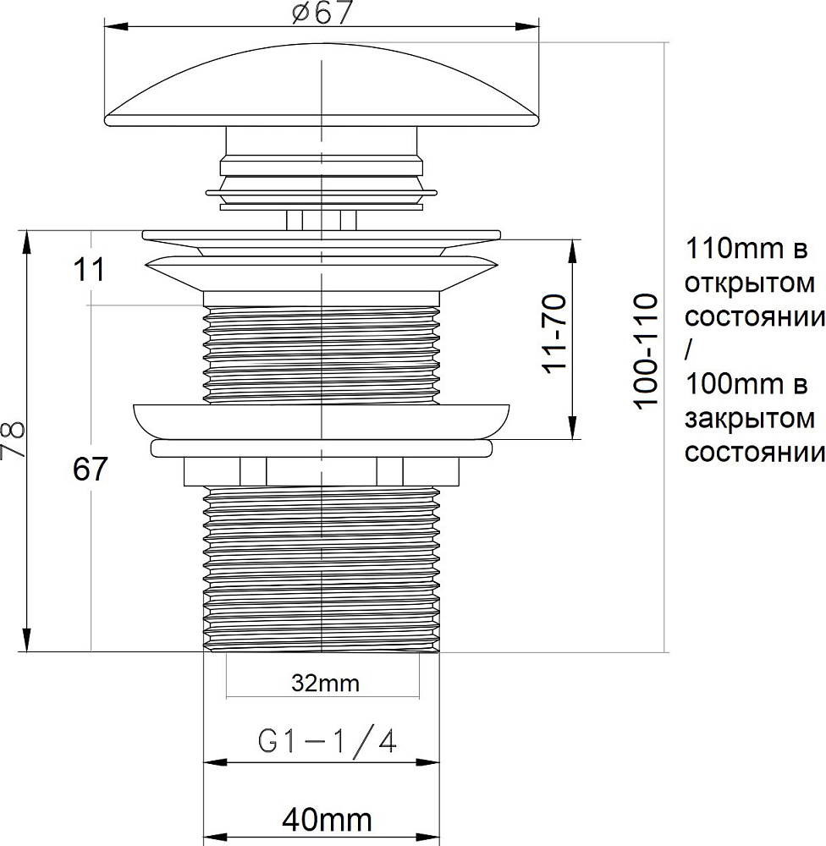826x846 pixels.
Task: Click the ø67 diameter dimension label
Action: click(322, 12)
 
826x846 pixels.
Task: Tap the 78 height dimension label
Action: click(13, 440)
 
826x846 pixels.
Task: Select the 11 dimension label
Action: click(89, 270)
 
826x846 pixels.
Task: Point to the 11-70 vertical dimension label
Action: click(554, 332)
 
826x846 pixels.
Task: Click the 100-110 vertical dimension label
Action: click(647, 351)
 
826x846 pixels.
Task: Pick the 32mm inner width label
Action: click(325, 684)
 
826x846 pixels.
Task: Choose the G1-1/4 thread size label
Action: click(328, 742)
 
